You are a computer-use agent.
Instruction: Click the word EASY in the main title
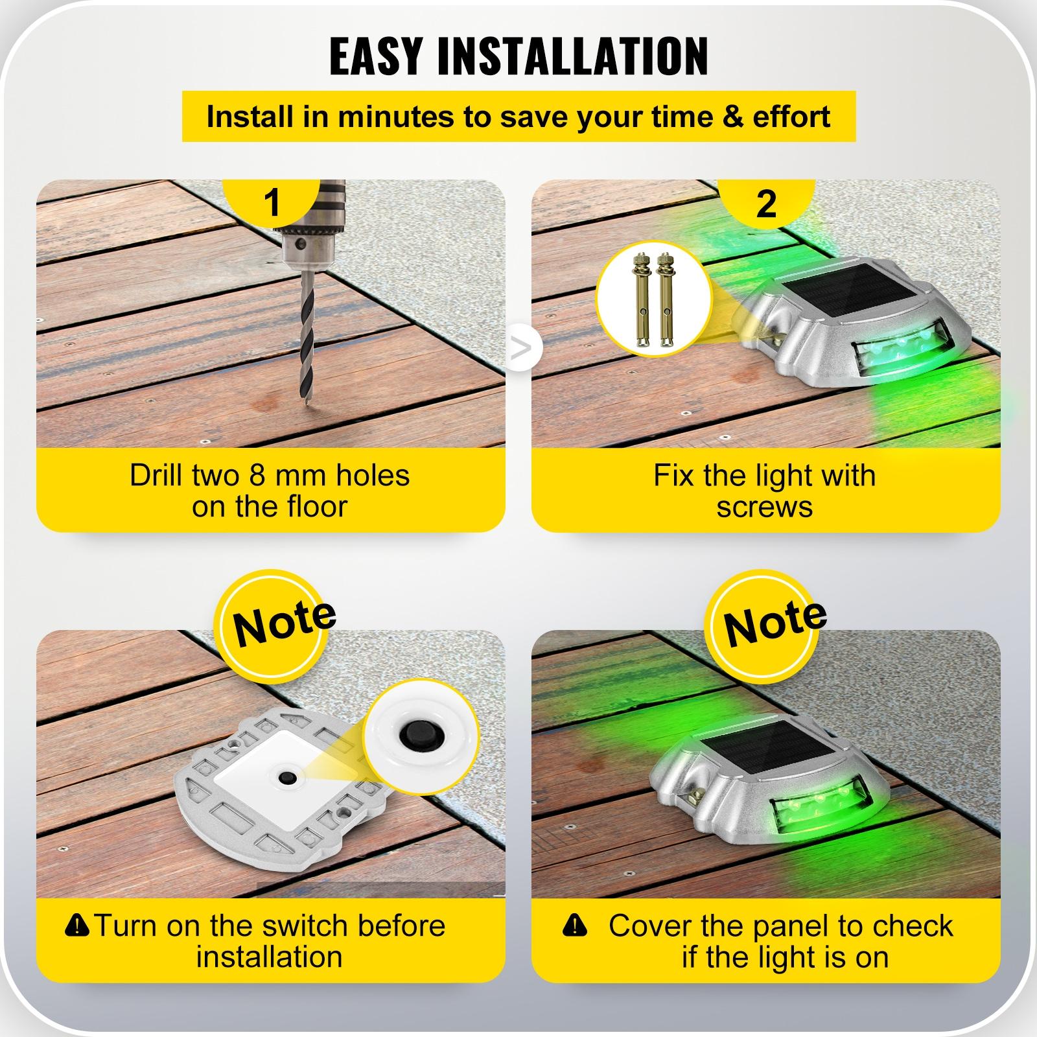378,57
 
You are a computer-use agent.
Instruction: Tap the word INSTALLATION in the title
573,57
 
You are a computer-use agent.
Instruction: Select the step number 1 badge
272,202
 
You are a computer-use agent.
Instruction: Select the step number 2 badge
766,204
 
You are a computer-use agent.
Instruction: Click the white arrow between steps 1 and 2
520,349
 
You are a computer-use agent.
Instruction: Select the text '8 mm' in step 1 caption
288,476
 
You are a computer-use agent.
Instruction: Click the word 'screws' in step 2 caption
765,507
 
